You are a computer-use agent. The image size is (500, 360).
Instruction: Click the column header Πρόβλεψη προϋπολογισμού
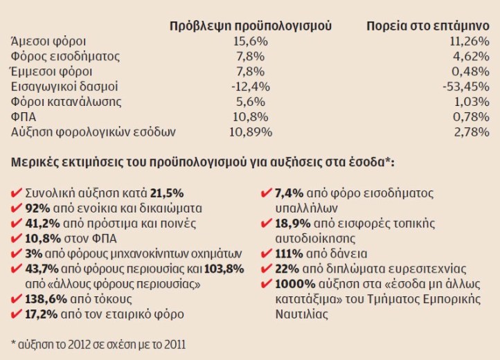tap(251, 26)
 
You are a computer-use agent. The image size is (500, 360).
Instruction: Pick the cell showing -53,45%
tap(466, 87)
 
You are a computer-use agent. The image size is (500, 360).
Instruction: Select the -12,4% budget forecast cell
tap(251, 87)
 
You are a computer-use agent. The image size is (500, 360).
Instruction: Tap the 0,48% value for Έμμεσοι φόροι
tap(472, 71)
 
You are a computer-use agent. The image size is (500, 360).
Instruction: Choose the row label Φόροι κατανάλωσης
tap(62, 102)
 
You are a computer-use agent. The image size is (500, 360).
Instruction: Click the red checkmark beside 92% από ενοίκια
tap(16, 208)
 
